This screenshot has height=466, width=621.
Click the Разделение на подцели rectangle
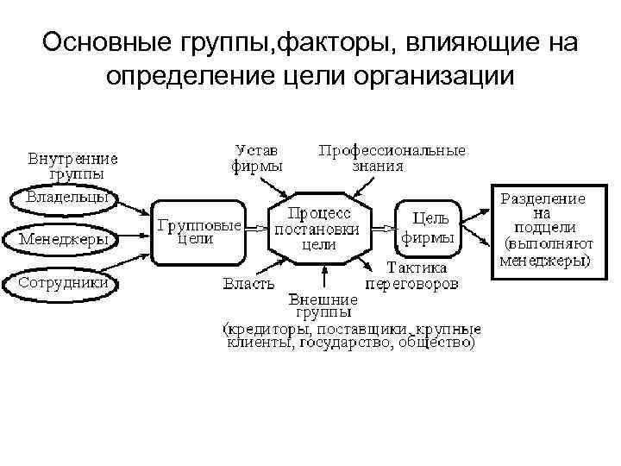point(544,229)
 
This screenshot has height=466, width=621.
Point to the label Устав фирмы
point(256,158)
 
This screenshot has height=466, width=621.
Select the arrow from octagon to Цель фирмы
point(383,229)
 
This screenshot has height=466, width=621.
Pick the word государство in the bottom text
point(338,343)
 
